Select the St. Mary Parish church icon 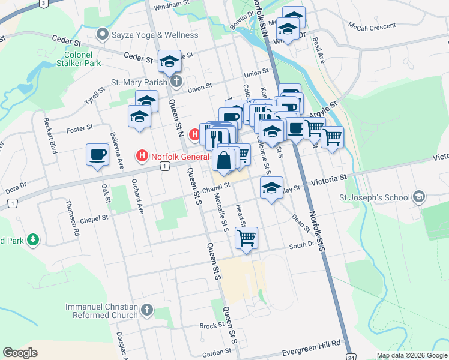[x=176, y=82]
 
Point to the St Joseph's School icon [x=419, y=197]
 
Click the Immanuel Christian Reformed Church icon [x=147, y=311]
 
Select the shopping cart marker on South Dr [x=247, y=238]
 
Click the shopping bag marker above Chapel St [x=223, y=160]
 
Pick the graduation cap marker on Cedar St [x=169, y=61]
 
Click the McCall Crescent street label [x=372, y=26]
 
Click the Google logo [x=20, y=352]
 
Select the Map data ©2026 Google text [x=412, y=355]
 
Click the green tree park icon [x=34, y=241]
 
